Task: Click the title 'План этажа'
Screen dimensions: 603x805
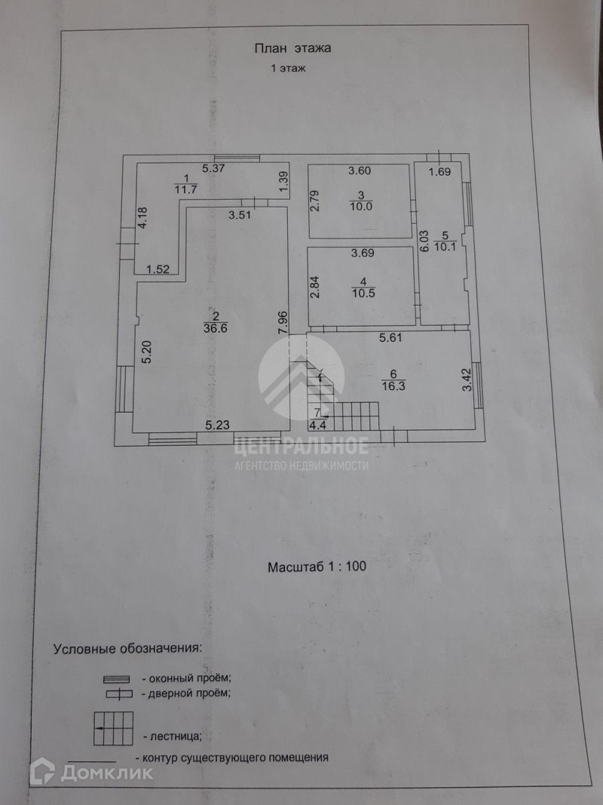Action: click(292, 48)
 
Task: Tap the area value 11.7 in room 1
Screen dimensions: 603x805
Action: click(185, 189)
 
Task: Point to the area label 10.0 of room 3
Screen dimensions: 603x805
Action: click(361, 207)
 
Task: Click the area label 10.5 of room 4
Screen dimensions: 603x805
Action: click(363, 293)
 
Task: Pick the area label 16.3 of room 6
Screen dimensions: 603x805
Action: click(393, 386)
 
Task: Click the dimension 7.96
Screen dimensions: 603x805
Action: click(283, 324)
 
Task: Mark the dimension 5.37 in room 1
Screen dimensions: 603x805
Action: click(213, 168)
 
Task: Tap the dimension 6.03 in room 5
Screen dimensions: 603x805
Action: click(424, 240)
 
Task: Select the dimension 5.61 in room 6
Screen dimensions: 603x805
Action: click(390, 338)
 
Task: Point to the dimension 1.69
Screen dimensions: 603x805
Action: click(440, 171)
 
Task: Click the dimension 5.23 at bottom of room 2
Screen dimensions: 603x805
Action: click(217, 425)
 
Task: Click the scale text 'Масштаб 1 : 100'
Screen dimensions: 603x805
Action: click(317, 567)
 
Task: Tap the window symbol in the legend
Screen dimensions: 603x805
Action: click(116, 679)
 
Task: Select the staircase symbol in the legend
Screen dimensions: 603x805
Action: click(113, 729)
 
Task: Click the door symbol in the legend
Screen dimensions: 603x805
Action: click(118, 694)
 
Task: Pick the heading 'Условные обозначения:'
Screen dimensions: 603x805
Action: click(127, 648)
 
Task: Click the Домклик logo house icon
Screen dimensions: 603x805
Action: click(42, 771)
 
